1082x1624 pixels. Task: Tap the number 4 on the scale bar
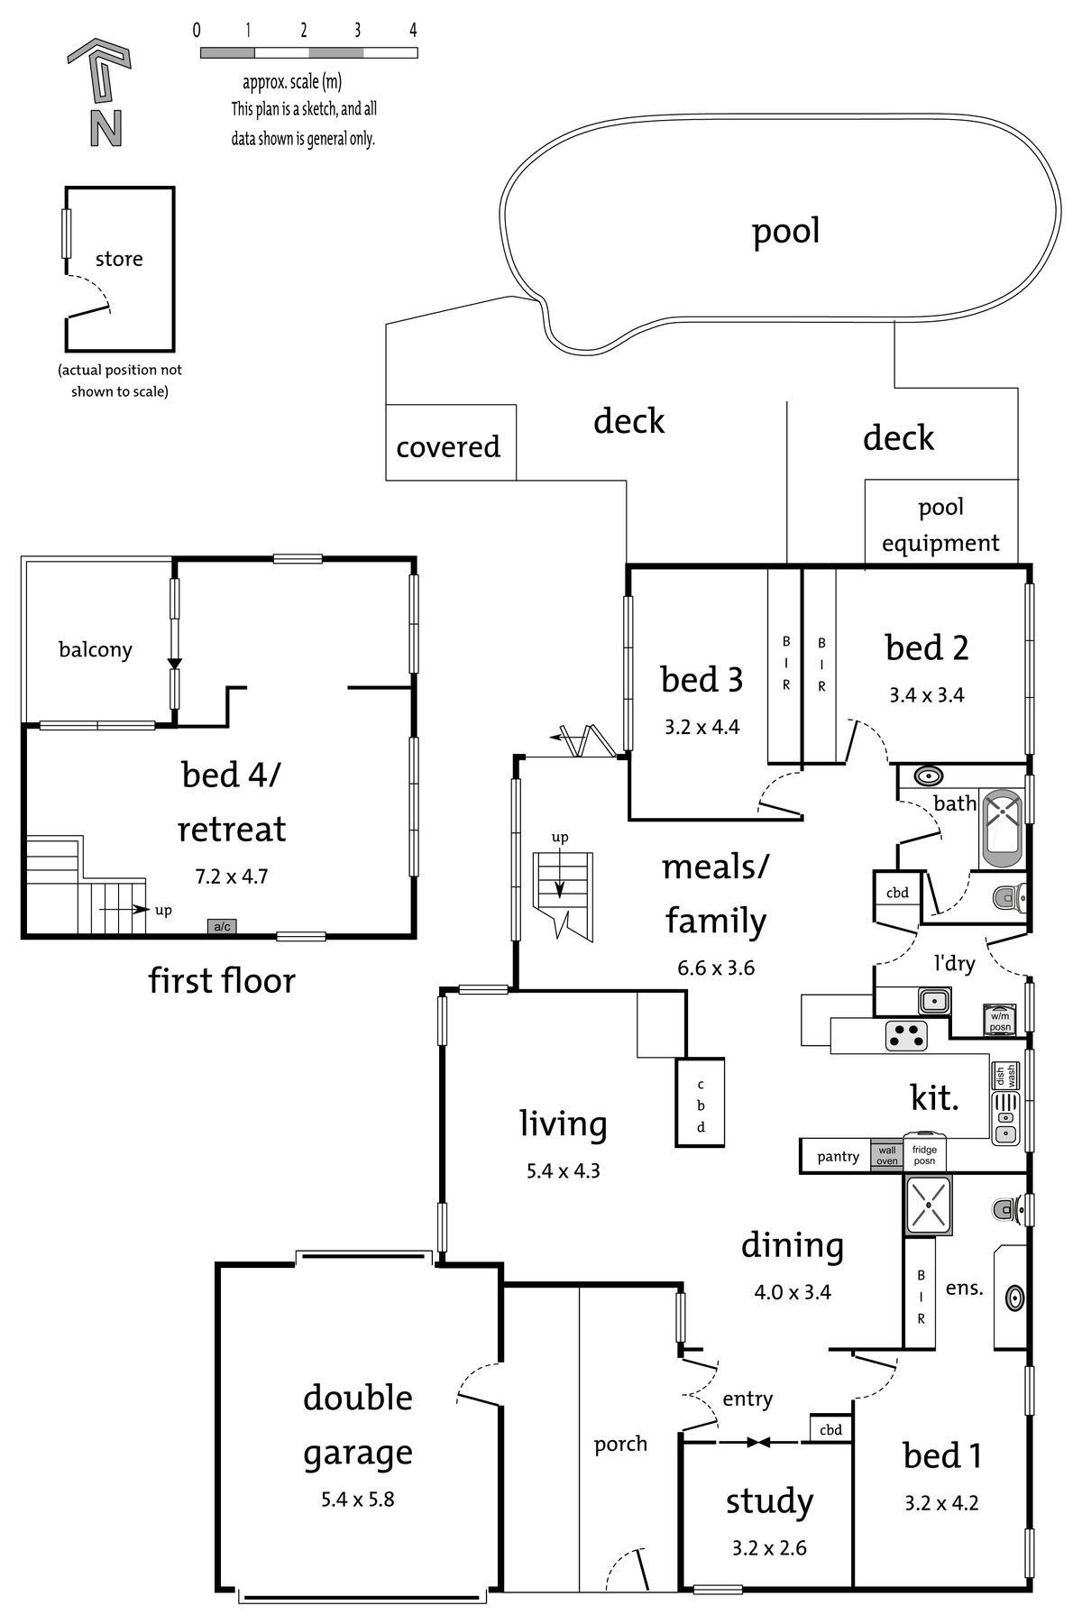coord(413,30)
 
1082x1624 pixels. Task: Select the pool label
coord(786,232)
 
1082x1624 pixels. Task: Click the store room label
coord(119,260)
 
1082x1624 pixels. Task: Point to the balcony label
coord(96,649)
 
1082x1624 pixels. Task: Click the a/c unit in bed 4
coord(222,926)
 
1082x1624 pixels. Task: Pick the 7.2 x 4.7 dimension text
coord(232,876)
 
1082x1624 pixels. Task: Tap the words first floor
coord(222,980)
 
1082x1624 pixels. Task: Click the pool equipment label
coord(941,525)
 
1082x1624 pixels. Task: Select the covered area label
coord(448,446)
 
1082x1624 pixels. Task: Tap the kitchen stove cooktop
coord(908,1035)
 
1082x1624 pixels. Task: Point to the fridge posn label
coord(924,1155)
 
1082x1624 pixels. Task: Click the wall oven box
coord(887,1155)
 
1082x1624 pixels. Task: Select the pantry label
coord(838,1157)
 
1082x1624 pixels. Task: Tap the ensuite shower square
coord(928,1204)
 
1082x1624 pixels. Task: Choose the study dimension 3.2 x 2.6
coord(769,1548)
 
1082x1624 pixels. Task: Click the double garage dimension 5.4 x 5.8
coord(357,1500)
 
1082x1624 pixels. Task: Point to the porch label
coord(620,1445)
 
